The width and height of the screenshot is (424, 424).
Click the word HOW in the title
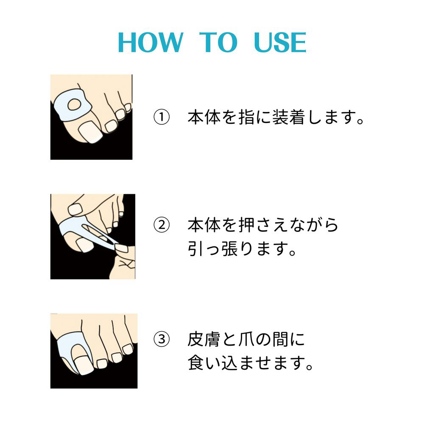pos(151,42)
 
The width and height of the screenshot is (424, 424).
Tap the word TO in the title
pos(218,42)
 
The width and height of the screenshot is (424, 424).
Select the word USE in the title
pos(280,42)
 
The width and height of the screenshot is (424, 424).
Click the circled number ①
pos(162,117)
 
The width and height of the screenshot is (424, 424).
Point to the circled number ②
pos(162,225)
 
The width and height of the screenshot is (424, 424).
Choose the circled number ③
pos(162,339)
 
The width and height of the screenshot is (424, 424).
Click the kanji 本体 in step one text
pos(204,117)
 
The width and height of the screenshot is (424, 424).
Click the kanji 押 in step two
pos(247,225)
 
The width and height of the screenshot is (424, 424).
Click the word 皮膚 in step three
pos(204,339)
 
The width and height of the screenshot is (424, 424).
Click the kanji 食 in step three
pos(196,363)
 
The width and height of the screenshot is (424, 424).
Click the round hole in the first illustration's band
pos(74,104)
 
